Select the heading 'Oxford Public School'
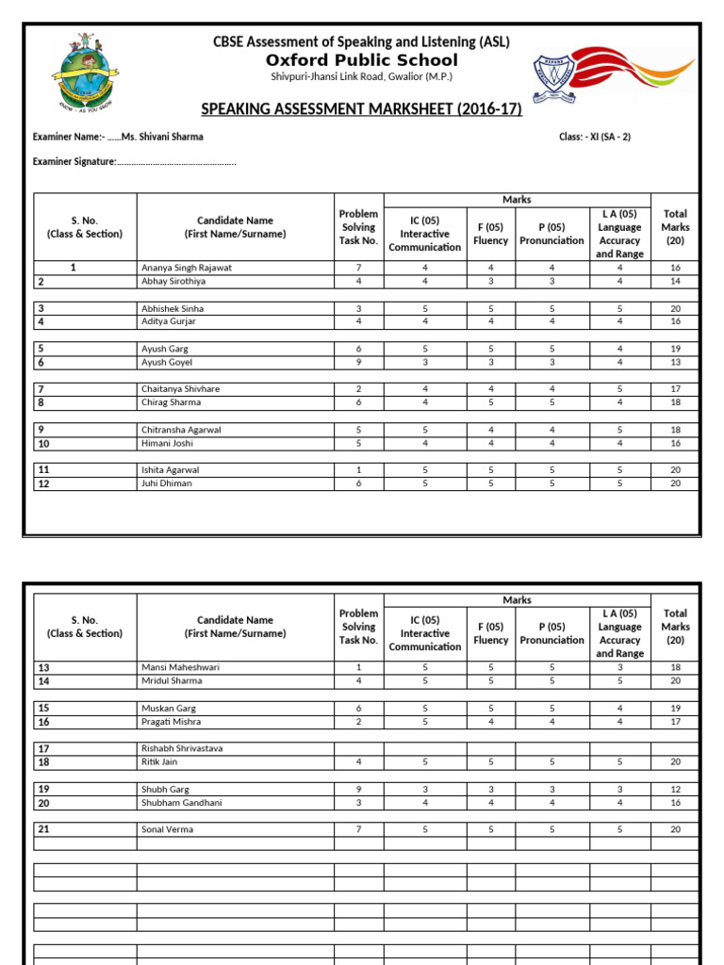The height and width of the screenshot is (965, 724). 361,60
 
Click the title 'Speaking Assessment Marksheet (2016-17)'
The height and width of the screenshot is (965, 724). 361,109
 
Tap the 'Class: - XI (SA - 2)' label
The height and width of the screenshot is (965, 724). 595,137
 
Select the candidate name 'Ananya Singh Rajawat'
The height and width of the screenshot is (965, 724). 186,268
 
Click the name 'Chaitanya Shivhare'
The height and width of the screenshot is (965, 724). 182,388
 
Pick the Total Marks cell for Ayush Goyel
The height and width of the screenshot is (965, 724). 675,362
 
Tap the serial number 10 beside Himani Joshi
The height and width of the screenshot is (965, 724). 44,444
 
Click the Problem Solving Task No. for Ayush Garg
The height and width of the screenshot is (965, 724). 358,349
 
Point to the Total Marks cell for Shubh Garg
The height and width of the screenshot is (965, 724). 675,789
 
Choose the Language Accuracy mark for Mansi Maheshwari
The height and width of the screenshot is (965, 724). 619,667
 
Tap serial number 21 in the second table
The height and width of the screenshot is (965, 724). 44,829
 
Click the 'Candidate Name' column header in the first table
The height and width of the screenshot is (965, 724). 236,227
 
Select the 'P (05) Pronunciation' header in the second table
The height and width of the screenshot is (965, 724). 551,633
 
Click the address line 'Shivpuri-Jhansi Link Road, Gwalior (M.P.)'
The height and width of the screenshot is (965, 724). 361,77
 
